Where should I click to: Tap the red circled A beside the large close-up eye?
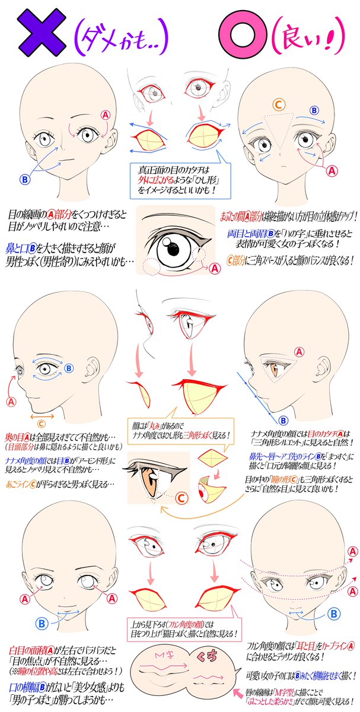215,268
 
